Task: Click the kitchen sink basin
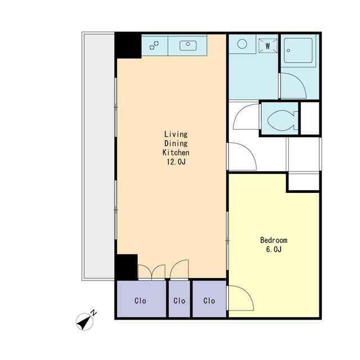click(x=188, y=46)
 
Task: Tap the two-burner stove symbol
click(x=154, y=45)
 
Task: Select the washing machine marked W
click(x=268, y=46)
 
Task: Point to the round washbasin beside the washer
click(x=242, y=44)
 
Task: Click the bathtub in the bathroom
click(x=298, y=51)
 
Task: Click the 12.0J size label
click(x=176, y=162)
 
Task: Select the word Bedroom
click(x=274, y=240)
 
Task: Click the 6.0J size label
click(x=274, y=249)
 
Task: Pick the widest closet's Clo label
click(x=140, y=300)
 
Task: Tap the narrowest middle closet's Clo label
click(x=179, y=300)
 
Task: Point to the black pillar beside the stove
click(x=128, y=46)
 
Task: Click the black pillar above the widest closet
click(x=126, y=267)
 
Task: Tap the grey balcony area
click(x=99, y=156)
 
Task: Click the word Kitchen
click(x=176, y=152)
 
